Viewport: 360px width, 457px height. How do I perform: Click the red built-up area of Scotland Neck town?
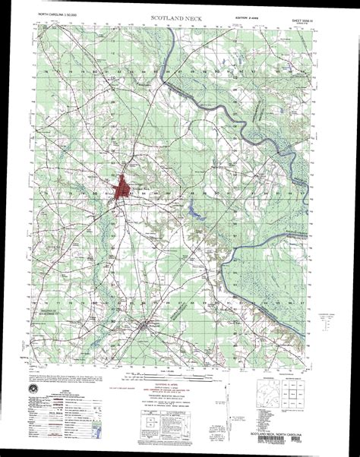(x=122, y=187)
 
